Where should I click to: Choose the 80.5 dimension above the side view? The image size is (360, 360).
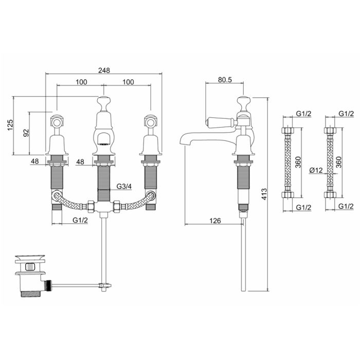tap(224, 79)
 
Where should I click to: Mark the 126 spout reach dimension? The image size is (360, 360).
tap(214, 221)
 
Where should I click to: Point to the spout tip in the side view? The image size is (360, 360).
tap(181, 140)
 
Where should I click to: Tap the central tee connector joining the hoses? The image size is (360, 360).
tap(104, 206)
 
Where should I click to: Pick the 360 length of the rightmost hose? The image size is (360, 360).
tap(339, 162)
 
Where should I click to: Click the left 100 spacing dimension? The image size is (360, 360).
tap(80, 82)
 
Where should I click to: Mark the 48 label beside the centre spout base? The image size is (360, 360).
tap(80, 161)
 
